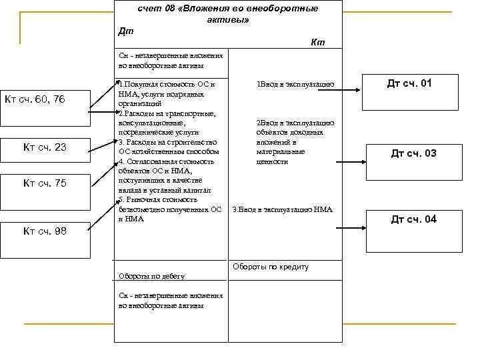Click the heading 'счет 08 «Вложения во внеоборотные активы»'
point(228,14)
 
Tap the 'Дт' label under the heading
point(125,31)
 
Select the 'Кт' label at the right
point(317,43)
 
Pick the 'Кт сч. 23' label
point(45,147)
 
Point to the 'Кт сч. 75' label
point(45,183)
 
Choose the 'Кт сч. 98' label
point(45,231)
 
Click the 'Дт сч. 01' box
point(410,84)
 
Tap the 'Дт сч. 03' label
point(413,154)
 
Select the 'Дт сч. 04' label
point(413,219)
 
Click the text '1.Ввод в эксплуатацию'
point(295,85)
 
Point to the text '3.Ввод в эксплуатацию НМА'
point(282,210)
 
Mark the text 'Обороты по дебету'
point(151,276)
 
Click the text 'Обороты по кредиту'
point(271,267)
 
